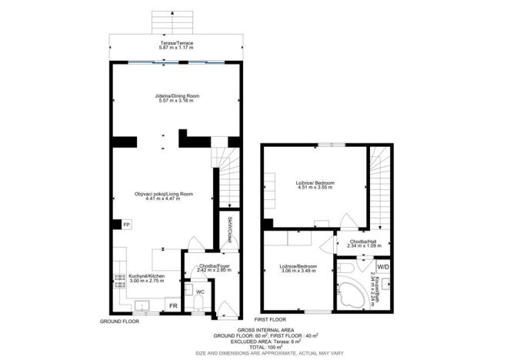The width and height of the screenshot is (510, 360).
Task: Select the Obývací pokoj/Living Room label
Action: point(162,194)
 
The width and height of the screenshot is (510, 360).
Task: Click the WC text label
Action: point(199,292)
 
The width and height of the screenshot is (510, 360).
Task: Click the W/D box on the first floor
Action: point(382,267)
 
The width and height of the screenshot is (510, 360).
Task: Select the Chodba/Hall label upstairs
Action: point(362,242)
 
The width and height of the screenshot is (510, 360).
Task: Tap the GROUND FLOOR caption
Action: point(119,320)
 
